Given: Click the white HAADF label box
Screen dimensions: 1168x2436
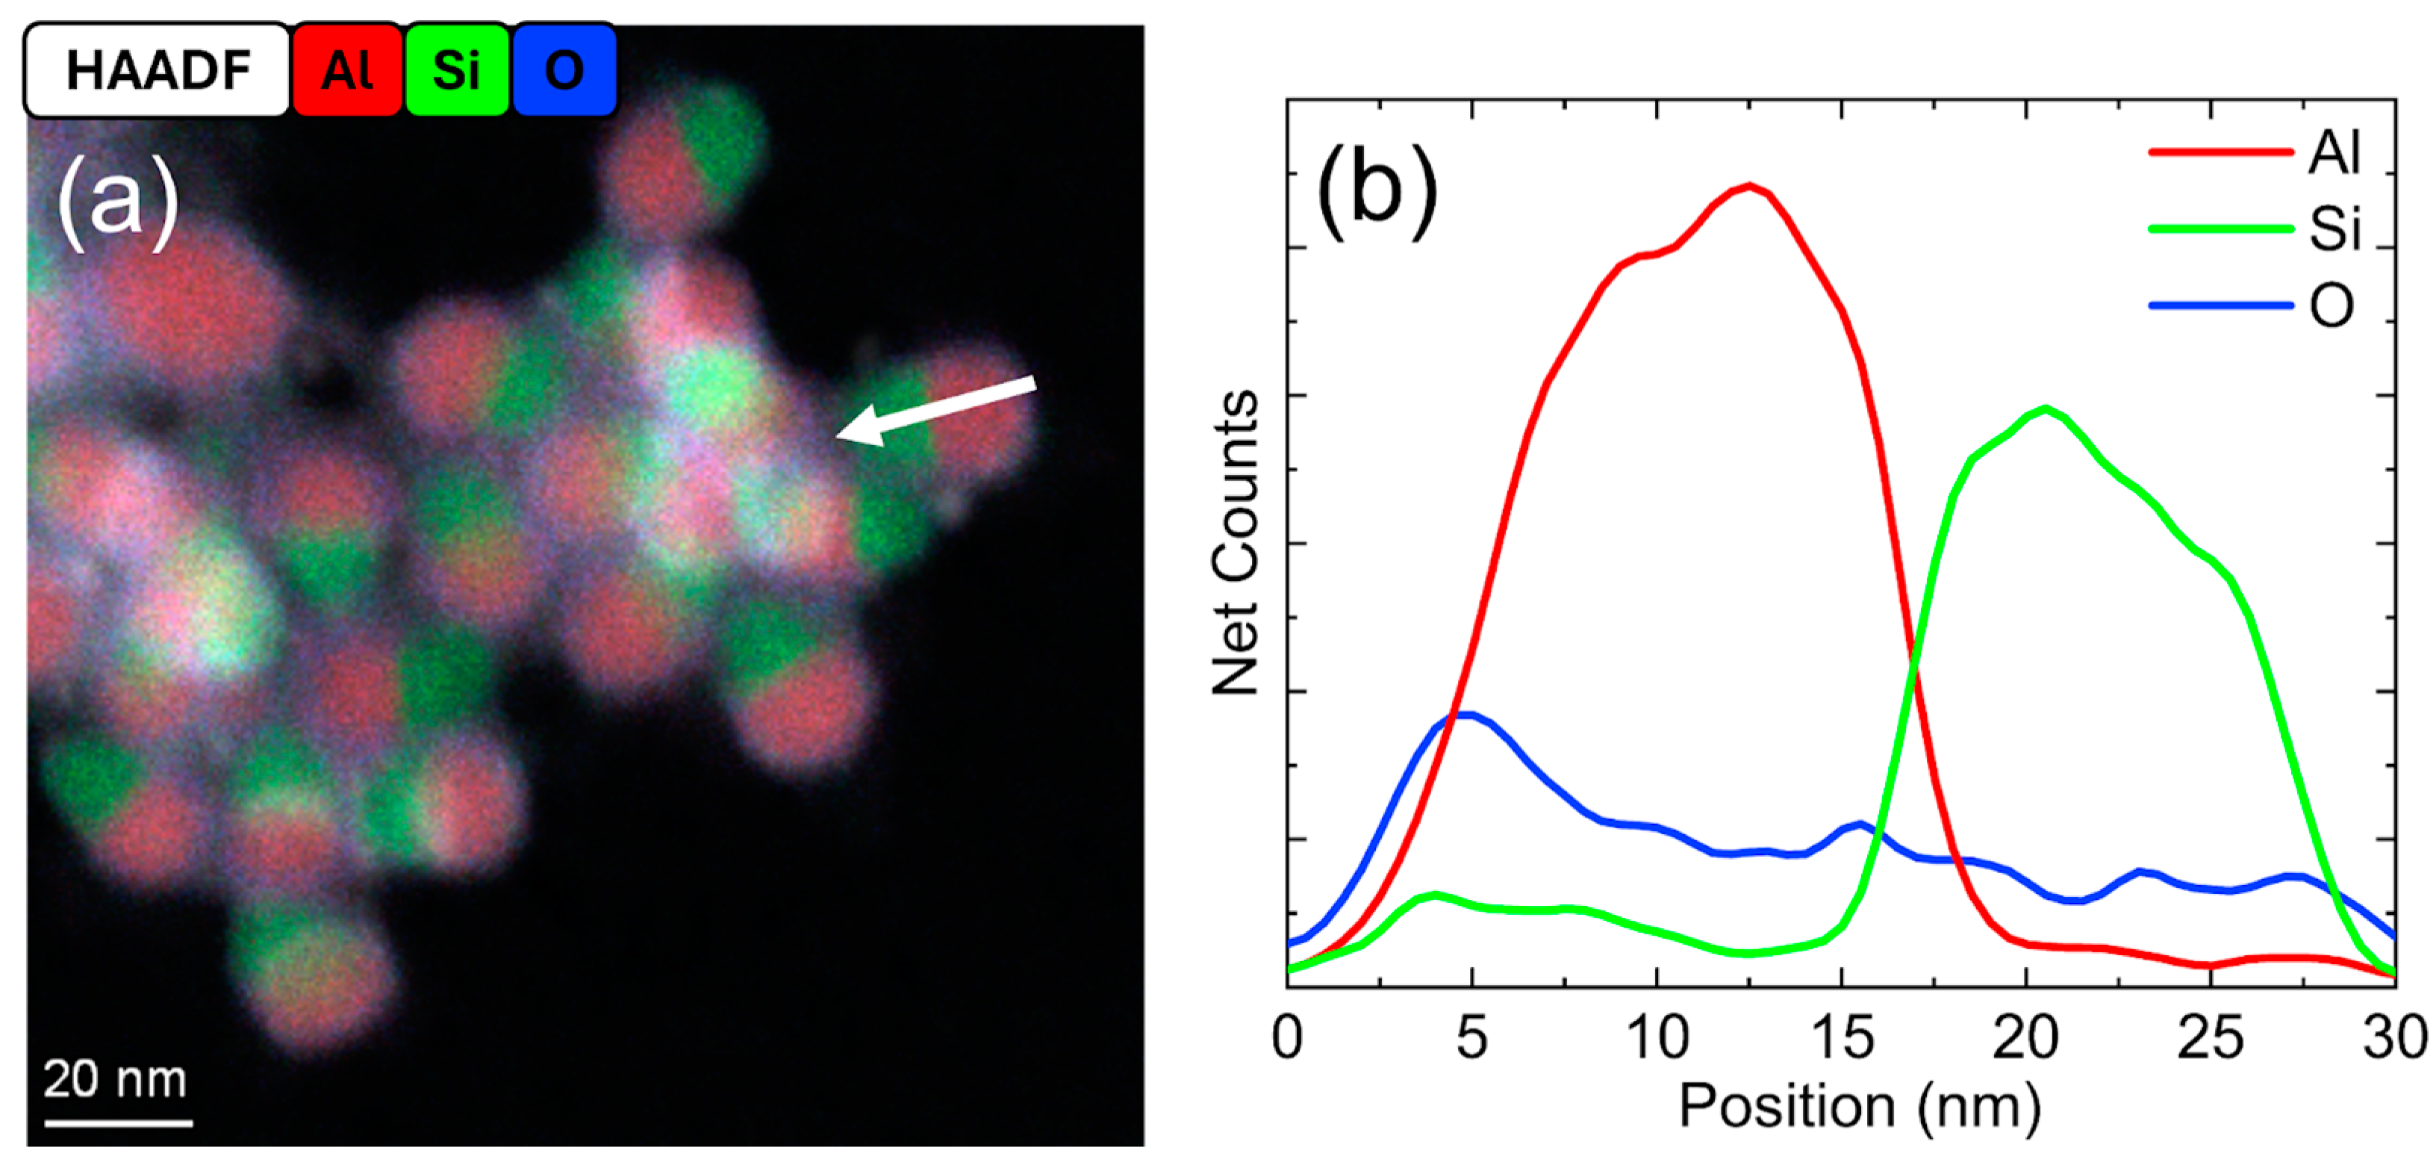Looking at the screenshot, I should [157, 71].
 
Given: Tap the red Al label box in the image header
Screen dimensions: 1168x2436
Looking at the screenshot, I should [347, 71].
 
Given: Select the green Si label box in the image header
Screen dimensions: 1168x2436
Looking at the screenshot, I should [457, 71].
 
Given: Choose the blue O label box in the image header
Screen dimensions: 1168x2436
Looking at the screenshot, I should [564, 71].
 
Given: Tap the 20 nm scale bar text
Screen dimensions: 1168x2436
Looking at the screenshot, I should [116, 1079].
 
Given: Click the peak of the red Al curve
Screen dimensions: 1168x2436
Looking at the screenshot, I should [1749, 185].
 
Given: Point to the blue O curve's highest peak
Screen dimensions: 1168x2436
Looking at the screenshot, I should [1465, 715].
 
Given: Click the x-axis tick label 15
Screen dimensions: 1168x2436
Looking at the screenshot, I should [1842, 1039].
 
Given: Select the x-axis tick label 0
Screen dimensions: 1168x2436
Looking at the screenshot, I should [1287, 1039].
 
